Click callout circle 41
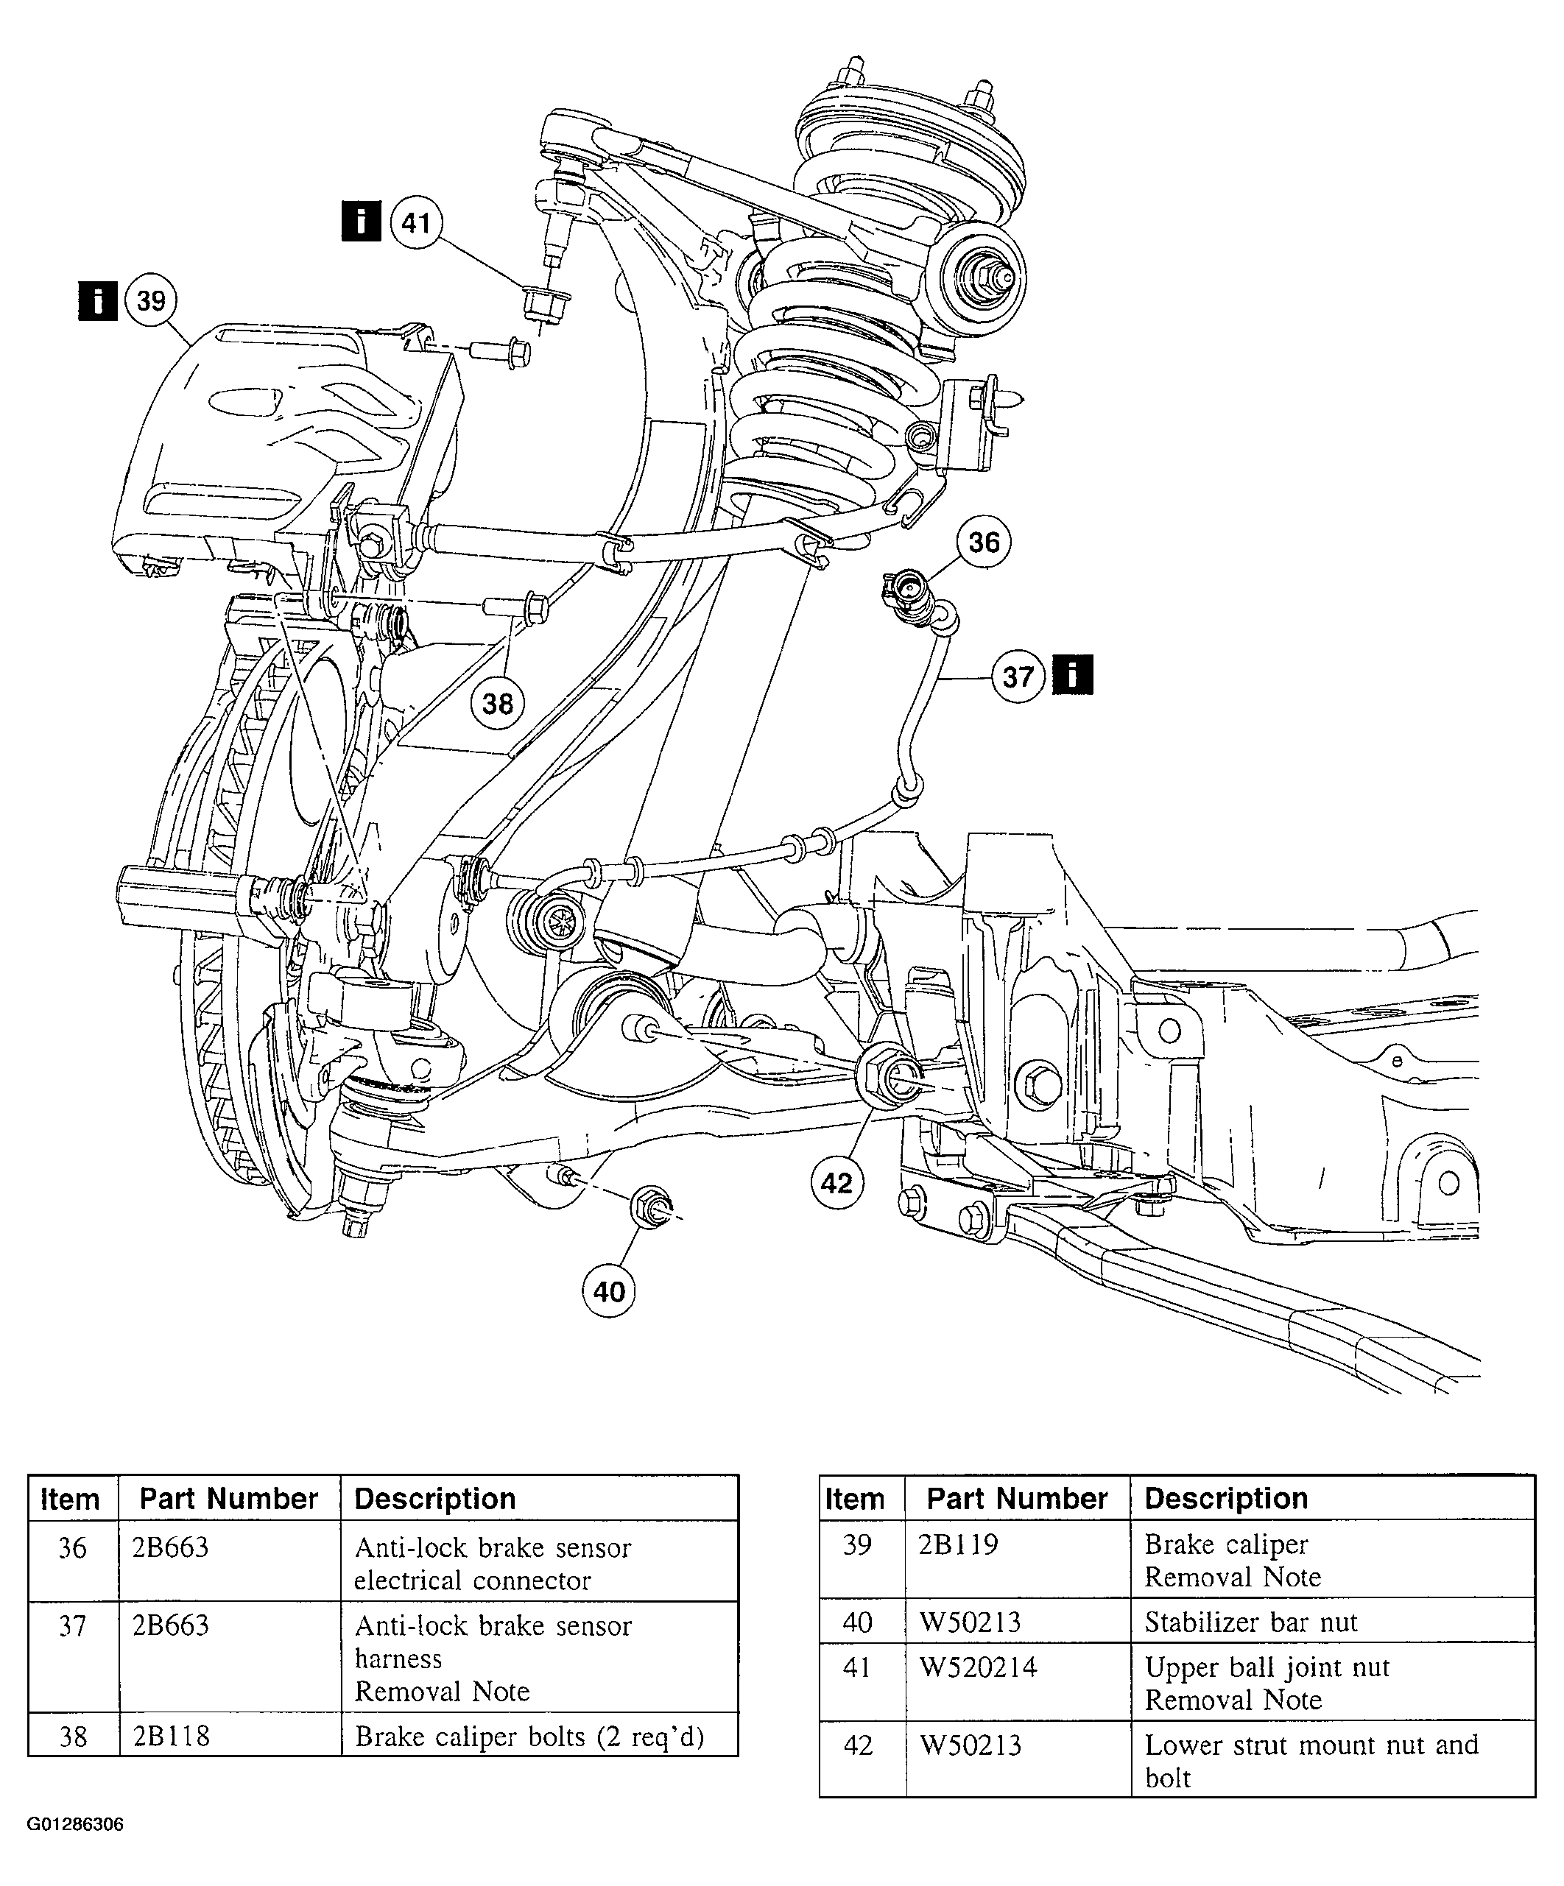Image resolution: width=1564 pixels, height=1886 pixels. pos(417,222)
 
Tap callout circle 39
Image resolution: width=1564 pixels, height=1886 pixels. pos(152,300)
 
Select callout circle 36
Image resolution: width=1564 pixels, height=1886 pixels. pos(984,542)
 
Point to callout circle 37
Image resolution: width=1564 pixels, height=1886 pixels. pos(1018,677)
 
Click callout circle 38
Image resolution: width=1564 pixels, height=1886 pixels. pos(498,703)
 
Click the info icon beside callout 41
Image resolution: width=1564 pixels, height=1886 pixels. pos(361,221)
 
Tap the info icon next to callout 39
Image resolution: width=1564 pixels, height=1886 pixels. pos(97,300)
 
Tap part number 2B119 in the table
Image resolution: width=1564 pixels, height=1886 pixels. pos(959,1544)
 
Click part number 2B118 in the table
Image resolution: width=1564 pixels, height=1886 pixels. pos(171,1736)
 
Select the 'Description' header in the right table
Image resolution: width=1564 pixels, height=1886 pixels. pos(1226,1498)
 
